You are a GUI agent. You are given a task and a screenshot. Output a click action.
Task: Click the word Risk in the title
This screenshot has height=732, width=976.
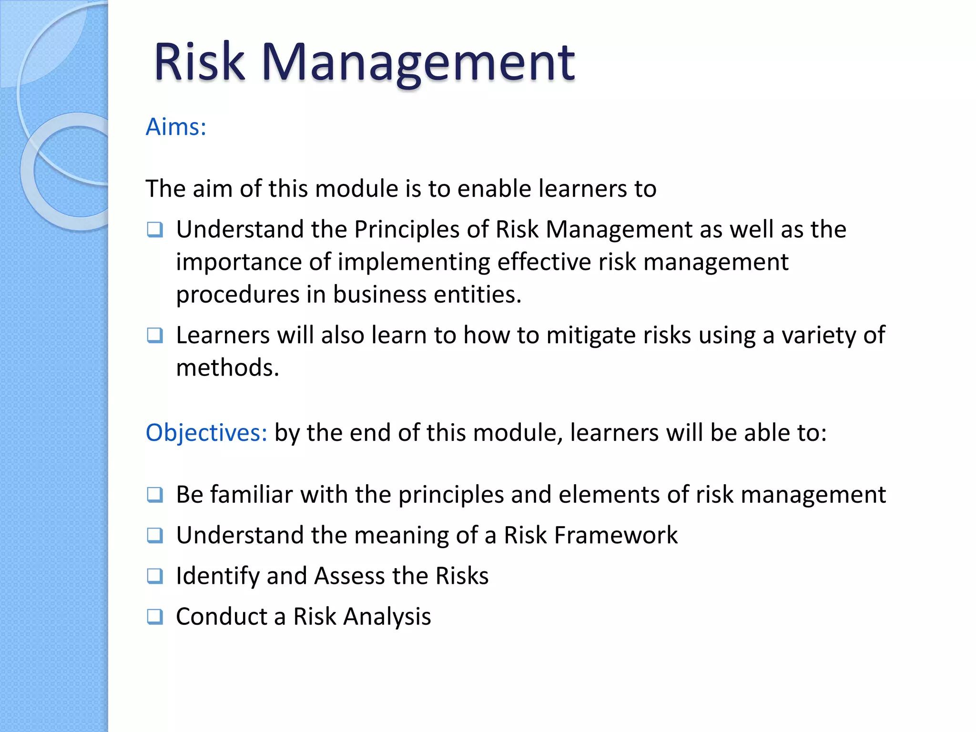click(199, 61)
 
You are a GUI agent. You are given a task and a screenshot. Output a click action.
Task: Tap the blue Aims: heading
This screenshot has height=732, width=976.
click(176, 127)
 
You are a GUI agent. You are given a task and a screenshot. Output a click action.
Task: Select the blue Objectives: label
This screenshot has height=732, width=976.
click(206, 433)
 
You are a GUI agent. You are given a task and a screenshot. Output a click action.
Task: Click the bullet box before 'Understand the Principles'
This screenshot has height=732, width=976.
click(155, 230)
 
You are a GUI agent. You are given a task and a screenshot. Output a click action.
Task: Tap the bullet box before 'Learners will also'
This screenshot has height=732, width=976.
click(155, 336)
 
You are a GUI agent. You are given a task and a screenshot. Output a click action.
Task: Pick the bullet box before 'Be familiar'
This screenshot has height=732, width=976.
click(155, 495)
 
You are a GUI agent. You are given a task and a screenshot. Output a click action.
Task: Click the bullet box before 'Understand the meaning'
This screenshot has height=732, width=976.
click(155, 536)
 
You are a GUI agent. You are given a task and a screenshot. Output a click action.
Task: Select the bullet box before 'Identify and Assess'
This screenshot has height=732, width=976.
click(155, 576)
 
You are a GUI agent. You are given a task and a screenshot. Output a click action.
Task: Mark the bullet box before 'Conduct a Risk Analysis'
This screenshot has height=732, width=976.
click(155, 617)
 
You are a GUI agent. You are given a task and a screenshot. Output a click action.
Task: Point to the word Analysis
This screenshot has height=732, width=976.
click(387, 617)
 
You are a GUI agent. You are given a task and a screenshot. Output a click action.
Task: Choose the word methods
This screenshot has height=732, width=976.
click(227, 368)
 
